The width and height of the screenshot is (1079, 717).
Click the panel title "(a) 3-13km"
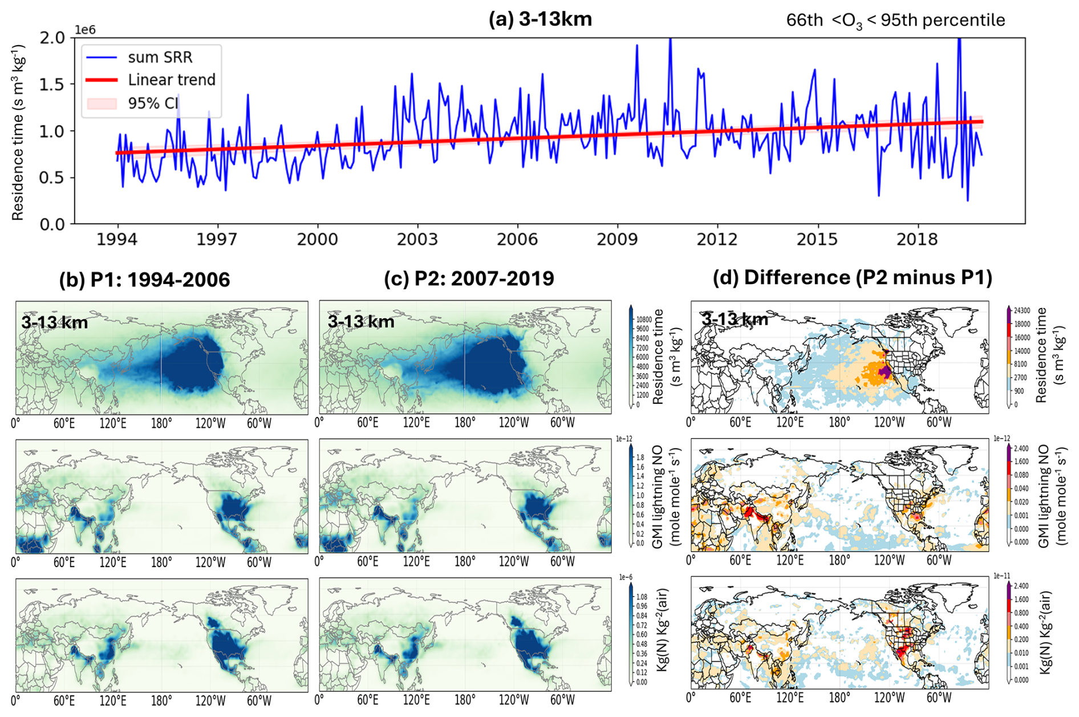pyautogui.click(x=540, y=19)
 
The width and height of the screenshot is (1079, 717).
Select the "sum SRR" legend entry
pyautogui.click(x=160, y=58)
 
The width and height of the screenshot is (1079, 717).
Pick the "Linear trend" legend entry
pyautogui.click(x=171, y=80)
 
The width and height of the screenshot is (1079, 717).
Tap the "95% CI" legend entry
pyautogui.click(x=153, y=103)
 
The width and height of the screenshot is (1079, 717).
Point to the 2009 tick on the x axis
pyautogui.click(x=617, y=238)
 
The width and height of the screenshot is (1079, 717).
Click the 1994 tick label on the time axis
pyautogui.click(x=117, y=238)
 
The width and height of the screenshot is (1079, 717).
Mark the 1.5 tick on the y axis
pyautogui.click(x=53, y=84)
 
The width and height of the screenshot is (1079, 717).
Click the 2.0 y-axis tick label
pyautogui.click(x=53, y=38)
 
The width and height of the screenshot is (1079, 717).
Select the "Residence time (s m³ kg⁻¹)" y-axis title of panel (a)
pyautogui.click(x=18, y=133)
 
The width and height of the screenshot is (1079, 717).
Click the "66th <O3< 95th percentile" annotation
pyautogui.click(x=895, y=21)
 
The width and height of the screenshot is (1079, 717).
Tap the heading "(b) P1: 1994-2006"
pyautogui.click(x=144, y=279)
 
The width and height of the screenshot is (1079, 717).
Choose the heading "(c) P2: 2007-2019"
pyautogui.click(x=469, y=278)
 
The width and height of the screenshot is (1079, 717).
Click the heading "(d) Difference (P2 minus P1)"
pyautogui.click(x=852, y=277)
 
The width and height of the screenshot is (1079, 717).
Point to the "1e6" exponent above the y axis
pyautogui.click(x=85, y=30)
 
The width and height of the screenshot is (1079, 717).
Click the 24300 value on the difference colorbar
pyautogui.click(x=1022, y=311)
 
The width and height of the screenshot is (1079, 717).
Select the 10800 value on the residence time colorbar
pyautogui.click(x=643, y=320)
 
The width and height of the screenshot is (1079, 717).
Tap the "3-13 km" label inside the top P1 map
pyautogui.click(x=54, y=323)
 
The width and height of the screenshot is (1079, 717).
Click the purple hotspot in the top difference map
pyautogui.click(x=885, y=372)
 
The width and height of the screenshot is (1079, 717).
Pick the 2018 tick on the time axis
pyautogui.click(x=917, y=238)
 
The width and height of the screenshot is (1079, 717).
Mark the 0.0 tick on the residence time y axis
pyautogui.click(x=53, y=224)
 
